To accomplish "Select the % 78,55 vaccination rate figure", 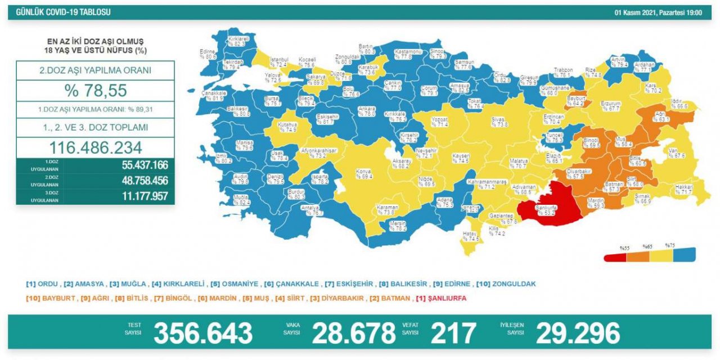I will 95,91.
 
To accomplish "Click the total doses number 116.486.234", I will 95,148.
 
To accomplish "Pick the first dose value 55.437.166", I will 144,165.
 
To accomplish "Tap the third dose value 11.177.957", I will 144,196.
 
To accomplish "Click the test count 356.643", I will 203,334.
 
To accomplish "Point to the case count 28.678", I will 354,334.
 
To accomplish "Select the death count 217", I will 453,334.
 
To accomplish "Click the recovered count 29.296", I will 578,334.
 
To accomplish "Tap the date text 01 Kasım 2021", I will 637,12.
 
